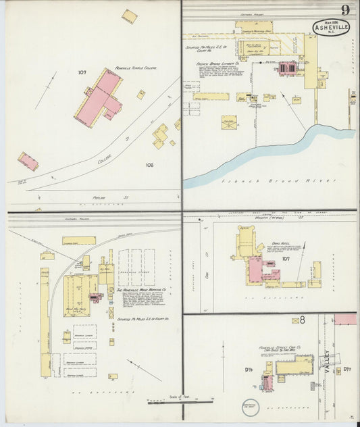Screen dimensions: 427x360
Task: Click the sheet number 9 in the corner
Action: [344, 9]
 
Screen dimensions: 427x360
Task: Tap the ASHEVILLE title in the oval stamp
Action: [331, 28]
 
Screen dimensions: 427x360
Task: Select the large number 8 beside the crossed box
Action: [305, 320]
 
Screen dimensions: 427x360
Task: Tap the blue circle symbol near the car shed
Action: [248, 408]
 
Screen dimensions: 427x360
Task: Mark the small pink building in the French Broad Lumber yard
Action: [287, 68]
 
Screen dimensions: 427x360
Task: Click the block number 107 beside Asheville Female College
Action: [82, 72]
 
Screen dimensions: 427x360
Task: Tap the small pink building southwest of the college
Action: [28, 161]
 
